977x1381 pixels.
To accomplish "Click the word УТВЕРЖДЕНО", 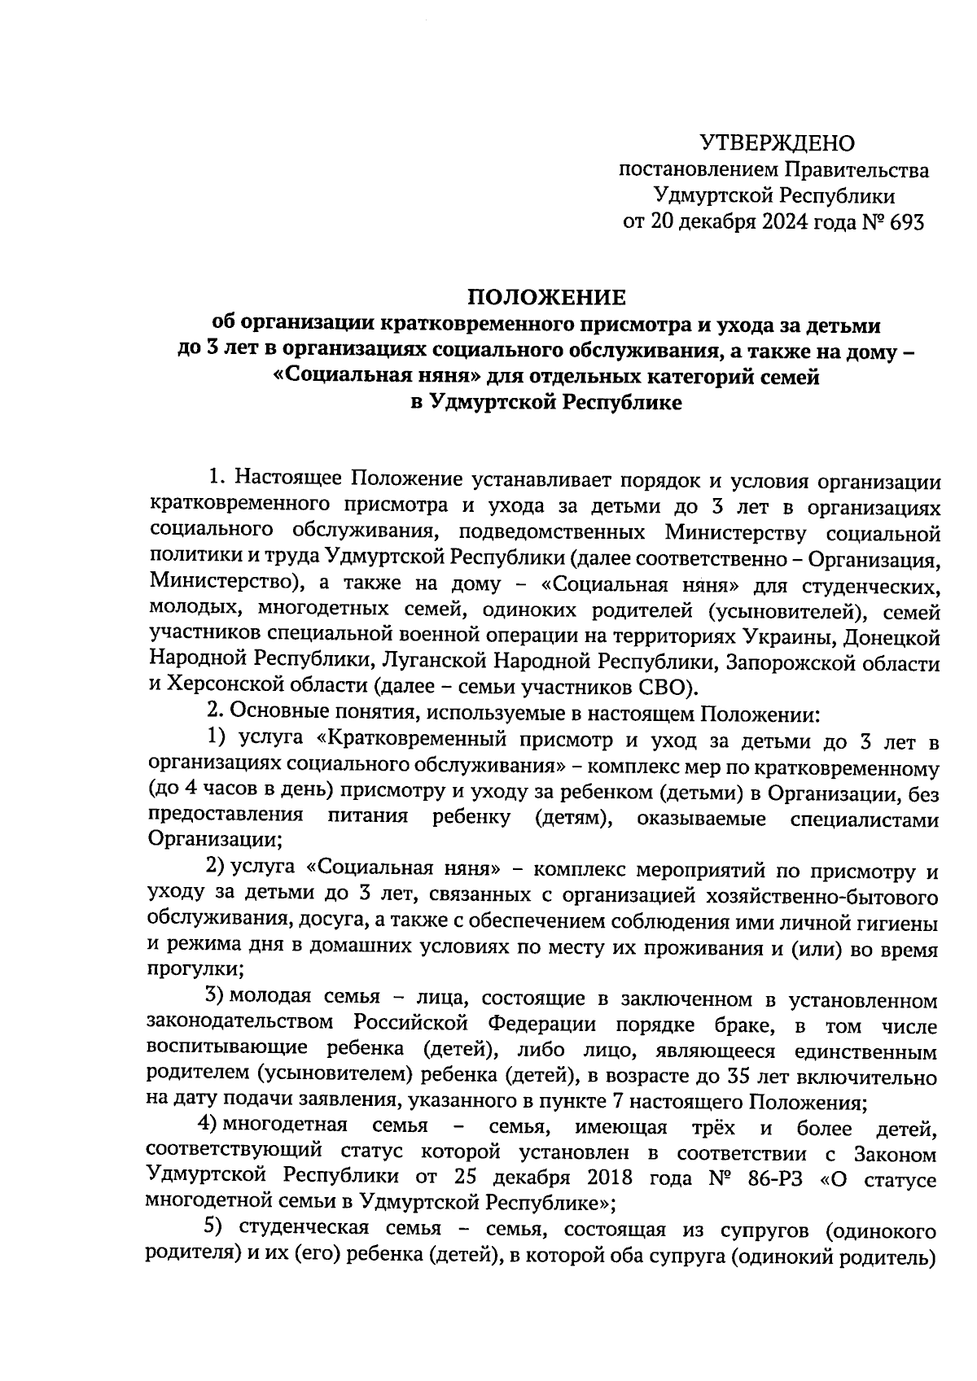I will tap(778, 144).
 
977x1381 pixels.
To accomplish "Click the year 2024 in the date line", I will tap(786, 221).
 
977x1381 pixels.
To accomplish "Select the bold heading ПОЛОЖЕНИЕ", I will tap(545, 297).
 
